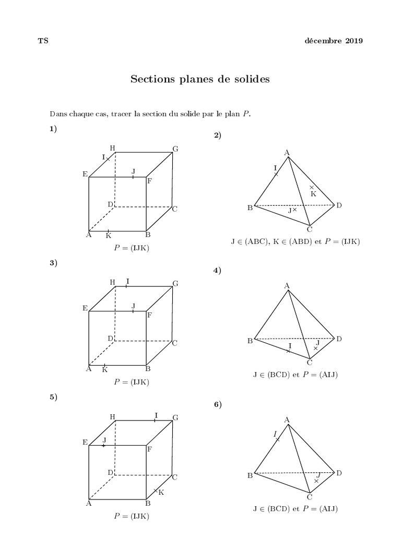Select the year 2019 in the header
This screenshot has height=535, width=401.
(353, 41)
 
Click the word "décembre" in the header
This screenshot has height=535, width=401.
(323, 41)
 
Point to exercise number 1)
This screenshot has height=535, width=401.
(53, 129)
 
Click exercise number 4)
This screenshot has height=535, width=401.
(218, 270)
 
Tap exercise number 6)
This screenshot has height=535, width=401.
(218, 404)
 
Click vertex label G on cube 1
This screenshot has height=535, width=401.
(176, 149)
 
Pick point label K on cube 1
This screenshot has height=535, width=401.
(108, 236)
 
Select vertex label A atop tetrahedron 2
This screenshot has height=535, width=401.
(287, 153)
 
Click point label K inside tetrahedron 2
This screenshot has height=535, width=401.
(313, 194)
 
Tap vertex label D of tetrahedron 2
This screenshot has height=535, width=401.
(339, 205)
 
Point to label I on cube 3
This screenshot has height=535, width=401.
(127, 282)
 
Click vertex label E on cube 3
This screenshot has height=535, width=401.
(85, 308)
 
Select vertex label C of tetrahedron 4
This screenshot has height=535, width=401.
(310, 363)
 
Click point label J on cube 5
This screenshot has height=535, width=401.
(104, 440)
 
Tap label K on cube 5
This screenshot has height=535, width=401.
(161, 493)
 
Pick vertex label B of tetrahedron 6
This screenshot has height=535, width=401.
(250, 475)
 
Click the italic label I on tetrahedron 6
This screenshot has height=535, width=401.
(275, 434)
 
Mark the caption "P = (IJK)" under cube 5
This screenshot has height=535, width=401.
(132, 516)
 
